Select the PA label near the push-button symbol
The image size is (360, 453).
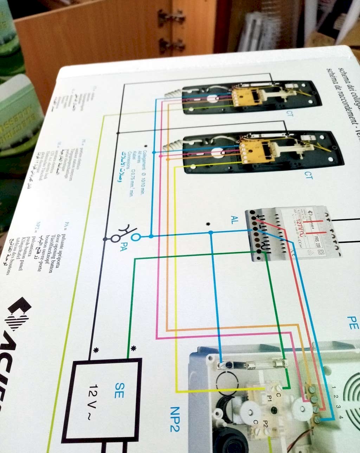click(x=123, y=246)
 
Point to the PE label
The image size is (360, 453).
click(x=353, y=322)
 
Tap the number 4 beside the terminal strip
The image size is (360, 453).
click(x=340, y=417)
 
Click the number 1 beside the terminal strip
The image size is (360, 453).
click(x=333, y=388)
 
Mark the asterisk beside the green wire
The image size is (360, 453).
click(x=133, y=348)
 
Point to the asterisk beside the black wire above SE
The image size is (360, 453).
click(x=96, y=350)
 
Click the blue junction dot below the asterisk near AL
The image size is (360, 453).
click(x=210, y=233)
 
